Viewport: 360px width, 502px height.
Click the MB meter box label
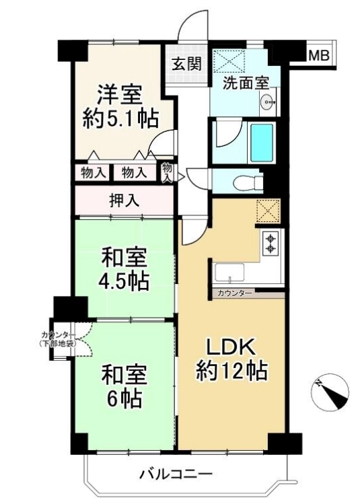click(x=318, y=56)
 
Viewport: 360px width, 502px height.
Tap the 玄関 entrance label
click(x=187, y=64)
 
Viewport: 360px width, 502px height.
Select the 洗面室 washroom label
click(x=246, y=83)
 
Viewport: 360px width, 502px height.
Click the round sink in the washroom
click(x=268, y=102)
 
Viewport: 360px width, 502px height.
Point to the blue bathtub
click(x=262, y=143)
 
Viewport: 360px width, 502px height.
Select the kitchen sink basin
click(x=229, y=273)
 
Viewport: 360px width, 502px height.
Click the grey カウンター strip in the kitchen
click(x=248, y=293)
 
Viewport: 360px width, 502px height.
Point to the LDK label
click(x=231, y=347)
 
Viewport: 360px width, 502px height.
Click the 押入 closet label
click(x=124, y=201)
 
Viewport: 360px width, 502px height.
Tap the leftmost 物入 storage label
click(x=93, y=173)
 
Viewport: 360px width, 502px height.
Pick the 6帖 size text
click(x=124, y=398)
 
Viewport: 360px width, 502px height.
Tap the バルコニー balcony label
click(x=176, y=473)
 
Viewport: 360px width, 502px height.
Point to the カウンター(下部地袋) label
click(x=59, y=339)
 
